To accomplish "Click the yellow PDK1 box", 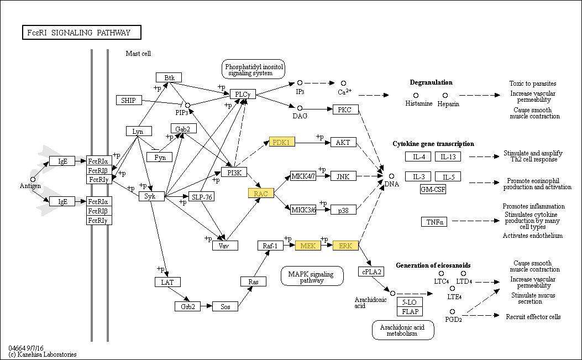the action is tap(282, 142).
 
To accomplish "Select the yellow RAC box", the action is tap(261, 193).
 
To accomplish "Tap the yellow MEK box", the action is tap(308, 246).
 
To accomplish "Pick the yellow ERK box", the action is tap(345, 246).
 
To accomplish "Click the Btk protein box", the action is tap(169, 77).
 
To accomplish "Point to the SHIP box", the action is tap(129, 100).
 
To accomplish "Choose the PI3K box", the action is tap(234, 173).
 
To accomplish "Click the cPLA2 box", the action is tap(371, 272).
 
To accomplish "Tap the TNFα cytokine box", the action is tap(434, 222).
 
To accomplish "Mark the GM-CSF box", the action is tap(433, 189).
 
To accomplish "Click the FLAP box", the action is tap(410, 311).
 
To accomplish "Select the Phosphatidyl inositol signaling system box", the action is tap(254, 69).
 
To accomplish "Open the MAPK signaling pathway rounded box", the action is tap(312, 276).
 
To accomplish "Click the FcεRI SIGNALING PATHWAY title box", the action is tap(82, 32).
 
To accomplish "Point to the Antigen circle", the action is tap(33, 179).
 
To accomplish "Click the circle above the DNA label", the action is tap(391, 176).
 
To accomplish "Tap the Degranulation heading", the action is tap(431, 82).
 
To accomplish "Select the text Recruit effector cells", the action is tap(533, 316).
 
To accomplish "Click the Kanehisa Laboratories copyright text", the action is tap(43, 354).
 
